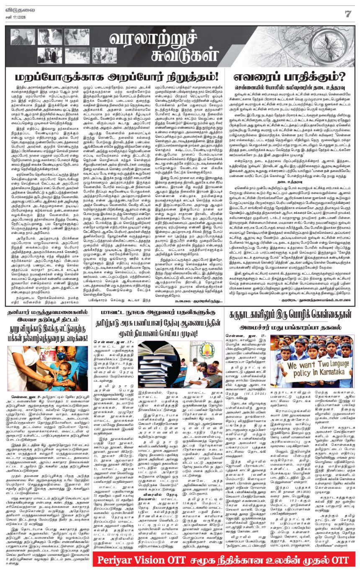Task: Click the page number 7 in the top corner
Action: (347, 13)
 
